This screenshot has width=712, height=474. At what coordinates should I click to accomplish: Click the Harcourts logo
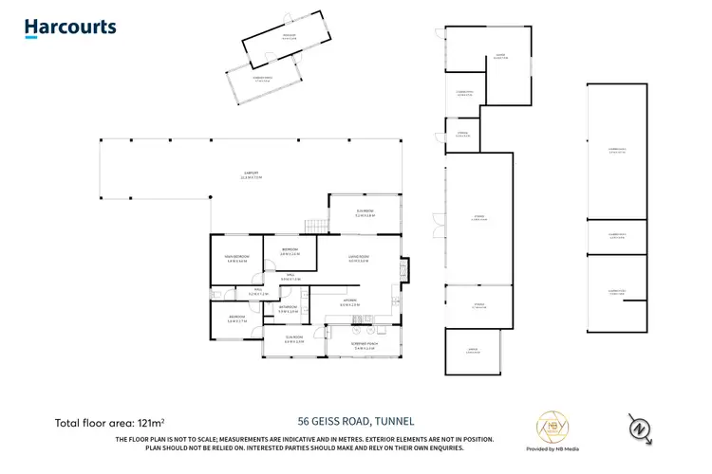coord(70,27)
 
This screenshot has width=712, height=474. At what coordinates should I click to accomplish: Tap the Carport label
coord(252,174)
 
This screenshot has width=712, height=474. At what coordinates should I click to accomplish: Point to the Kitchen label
coord(350,302)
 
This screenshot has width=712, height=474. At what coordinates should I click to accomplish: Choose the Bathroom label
coord(289,309)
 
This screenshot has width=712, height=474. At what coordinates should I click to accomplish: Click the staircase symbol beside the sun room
coord(313,226)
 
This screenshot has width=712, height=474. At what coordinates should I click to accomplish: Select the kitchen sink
coord(391,302)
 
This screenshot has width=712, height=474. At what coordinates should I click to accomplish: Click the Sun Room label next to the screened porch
coord(294,339)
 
